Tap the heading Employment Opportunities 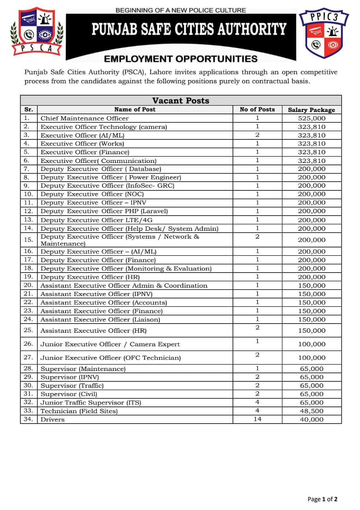[x=181, y=59]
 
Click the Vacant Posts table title [x=181, y=100]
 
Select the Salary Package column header [x=311, y=110]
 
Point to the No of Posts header [x=257, y=109]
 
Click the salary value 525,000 [x=311, y=118]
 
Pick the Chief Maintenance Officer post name [x=84, y=118]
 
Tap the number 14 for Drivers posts [x=257, y=419]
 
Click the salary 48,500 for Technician [x=311, y=411]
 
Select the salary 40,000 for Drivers [x=311, y=420]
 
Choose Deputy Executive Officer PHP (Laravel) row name [x=104, y=211]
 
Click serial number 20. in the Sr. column [x=28, y=285]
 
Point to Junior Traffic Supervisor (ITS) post [x=91, y=402]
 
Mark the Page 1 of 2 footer [x=323, y=499]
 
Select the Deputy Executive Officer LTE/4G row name [x=96, y=220]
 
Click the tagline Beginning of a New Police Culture [x=180, y=10]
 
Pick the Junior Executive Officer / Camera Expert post [x=110, y=344]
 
